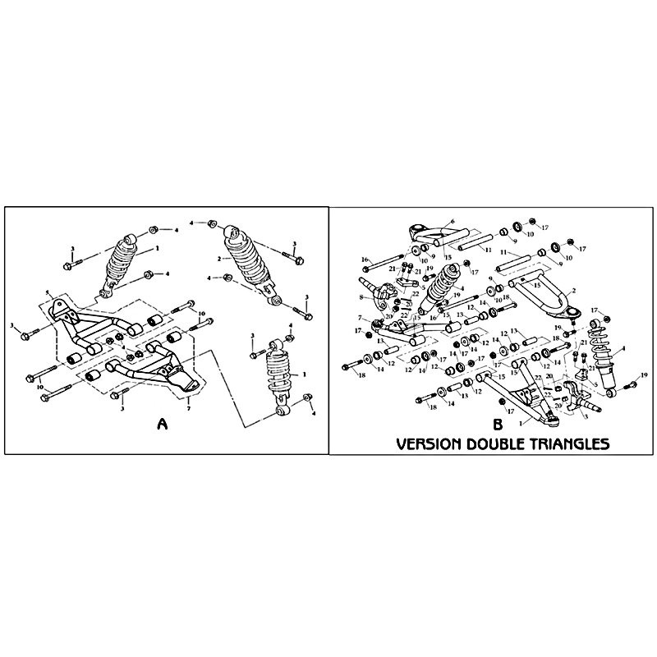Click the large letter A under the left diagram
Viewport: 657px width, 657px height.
(162, 425)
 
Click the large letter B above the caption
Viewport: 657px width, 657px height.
(497, 425)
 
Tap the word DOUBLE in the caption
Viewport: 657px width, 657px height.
(506, 444)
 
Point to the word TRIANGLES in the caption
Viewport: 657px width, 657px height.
(575, 444)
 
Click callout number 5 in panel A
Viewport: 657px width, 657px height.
(48, 293)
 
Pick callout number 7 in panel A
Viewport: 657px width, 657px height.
(189, 408)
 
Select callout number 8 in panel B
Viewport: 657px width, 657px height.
(361, 297)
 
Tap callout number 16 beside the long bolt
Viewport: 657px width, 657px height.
(364, 259)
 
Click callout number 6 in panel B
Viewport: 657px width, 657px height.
(451, 222)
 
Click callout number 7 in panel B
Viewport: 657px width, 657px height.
(361, 318)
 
